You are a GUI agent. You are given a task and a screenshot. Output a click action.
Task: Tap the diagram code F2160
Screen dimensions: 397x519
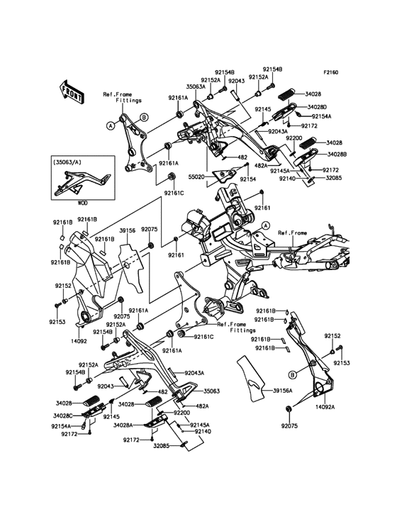[x=330, y=72]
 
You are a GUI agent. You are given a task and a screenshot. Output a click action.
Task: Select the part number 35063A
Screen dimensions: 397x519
[x=196, y=87]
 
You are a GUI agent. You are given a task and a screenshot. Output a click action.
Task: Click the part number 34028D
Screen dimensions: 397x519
[x=317, y=107]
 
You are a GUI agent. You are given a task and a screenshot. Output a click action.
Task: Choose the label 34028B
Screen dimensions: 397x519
[x=337, y=155]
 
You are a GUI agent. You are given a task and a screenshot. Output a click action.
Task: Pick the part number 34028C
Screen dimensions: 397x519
[x=63, y=415]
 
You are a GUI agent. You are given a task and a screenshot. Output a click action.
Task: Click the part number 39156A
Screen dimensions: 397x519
[x=283, y=391]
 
